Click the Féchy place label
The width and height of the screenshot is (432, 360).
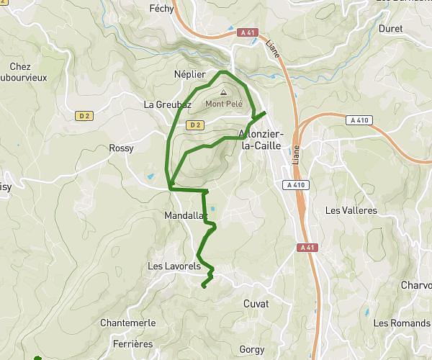pos(161,9)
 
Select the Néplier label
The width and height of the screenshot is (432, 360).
pos(189,74)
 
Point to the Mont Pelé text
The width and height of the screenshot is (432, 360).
pos(224,103)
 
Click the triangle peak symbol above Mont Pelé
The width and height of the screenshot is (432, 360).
pos(223,92)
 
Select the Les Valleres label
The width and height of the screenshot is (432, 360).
pos(351,211)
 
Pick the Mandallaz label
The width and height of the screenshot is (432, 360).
pos(185,215)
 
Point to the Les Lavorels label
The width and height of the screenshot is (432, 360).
pos(174,266)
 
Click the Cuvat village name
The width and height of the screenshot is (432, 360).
pos(256,304)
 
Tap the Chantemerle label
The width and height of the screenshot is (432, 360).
pos(128,323)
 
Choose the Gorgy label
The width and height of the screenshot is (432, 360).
pos(252,349)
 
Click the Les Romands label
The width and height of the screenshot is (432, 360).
pos(401,323)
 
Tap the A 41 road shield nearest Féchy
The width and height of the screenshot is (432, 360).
pos(246,32)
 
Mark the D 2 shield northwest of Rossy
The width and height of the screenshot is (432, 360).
pos(85,114)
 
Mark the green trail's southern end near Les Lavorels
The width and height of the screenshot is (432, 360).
pos(203,287)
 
